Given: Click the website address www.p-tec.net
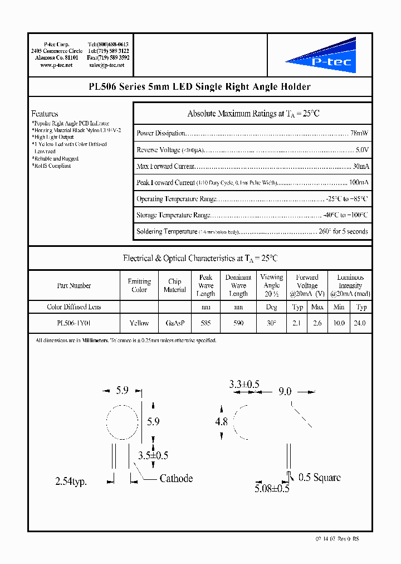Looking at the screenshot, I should (x=56, y=65).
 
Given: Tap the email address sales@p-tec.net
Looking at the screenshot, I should (x=107, y=65).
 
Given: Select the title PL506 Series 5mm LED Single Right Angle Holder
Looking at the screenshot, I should (x=199, y=87).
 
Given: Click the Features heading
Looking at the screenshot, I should (x=45, y=114).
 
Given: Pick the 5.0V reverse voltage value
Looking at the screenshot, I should (x=362, y=150).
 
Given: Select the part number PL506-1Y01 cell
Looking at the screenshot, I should (x=74, y=323).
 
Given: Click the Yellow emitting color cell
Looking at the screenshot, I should (x=139, y=323).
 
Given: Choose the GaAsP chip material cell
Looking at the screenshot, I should (x=174, y=323).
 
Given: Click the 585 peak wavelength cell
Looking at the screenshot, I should (x=206, y=323).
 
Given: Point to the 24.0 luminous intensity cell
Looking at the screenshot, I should (x=361, y=323).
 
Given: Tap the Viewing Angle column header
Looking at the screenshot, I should (x=271, y=285).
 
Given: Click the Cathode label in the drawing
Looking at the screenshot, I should (x=176, y=478).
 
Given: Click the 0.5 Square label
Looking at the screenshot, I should (x=319, y=477).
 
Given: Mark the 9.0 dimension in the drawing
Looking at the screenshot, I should (x=285, y=392).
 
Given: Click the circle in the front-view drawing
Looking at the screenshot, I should (x=121, y=422).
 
